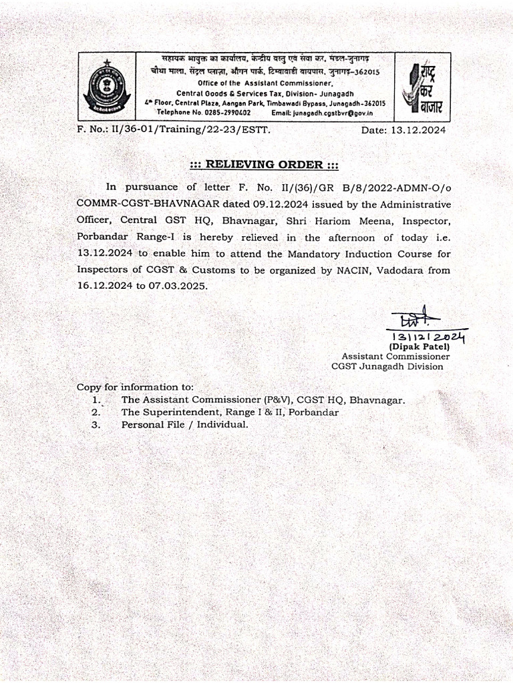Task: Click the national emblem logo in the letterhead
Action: coord(106,86)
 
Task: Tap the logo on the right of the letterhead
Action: coord(422,86)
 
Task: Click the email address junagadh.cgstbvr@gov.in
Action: coord(333,113)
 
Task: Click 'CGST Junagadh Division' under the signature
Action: coord(387,366)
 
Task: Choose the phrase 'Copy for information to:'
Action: coord(135,387)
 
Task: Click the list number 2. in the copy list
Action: coord(96,412)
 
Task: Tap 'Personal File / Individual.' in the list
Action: coord(184,424)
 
